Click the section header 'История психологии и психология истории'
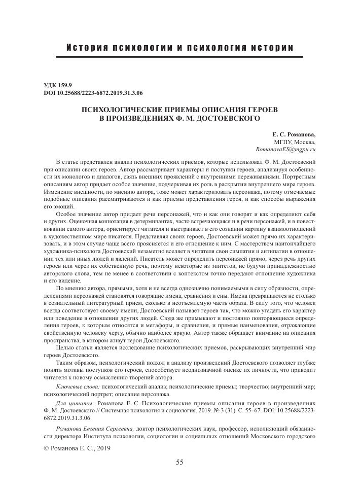tap(179, 48)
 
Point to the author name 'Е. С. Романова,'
tap(293, 135)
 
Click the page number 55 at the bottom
tap(180, 462)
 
